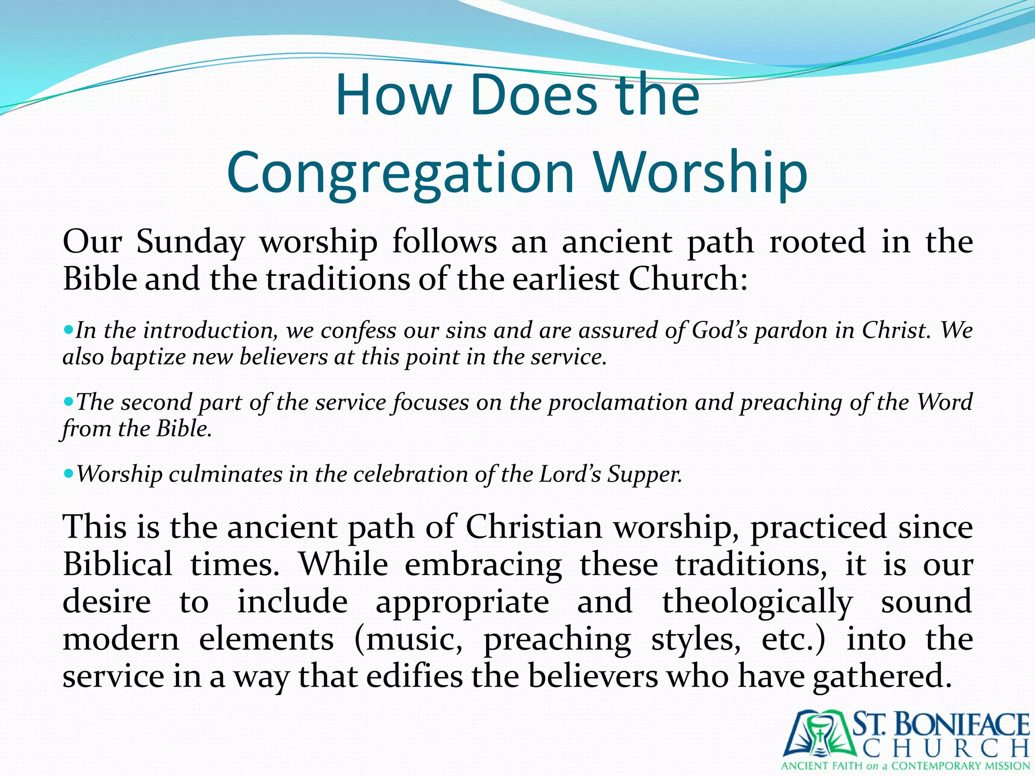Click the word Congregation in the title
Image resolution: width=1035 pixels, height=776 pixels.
tap(401, 173)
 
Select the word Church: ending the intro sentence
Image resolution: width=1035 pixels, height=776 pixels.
tap(688, 279)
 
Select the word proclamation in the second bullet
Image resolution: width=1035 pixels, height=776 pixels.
tap(618, 403)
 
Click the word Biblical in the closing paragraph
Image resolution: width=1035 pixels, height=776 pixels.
tap(117, 564)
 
